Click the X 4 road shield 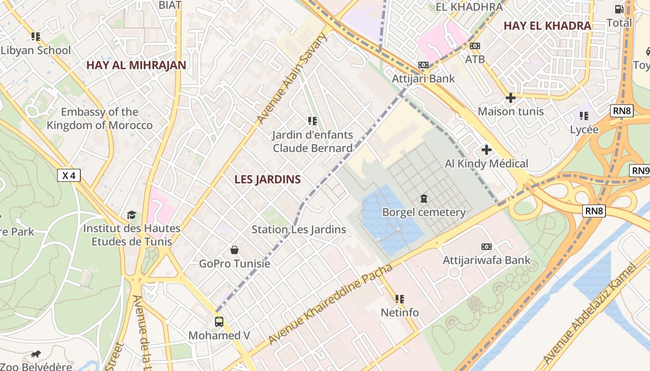(69, 175)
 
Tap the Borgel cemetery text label (423, 212)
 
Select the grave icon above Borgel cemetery (423, 198)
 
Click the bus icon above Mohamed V (219, 321)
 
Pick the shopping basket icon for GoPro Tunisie (234, 250)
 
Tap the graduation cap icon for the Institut (131, 215)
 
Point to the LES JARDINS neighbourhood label (267, 179)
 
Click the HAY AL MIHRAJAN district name (136, 65)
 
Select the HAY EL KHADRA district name (547, 26)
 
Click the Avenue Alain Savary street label (292, 79)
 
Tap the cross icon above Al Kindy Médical (486, 150)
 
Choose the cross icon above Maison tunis (511, 98)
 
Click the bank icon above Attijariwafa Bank (486, 247)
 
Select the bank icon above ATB (474, 46)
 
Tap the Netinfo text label (400, 313)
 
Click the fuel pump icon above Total (619, 9)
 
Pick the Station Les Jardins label (299, 229)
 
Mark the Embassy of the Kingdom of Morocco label (99, 119)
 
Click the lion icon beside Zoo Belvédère (36, 355)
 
